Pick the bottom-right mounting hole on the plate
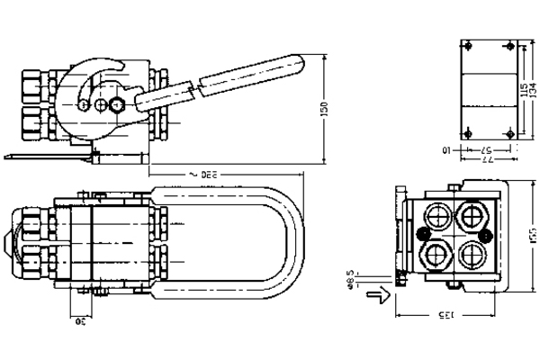pyautogui.click(x=510, y=134)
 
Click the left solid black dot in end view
pyautogui.click(x=422, y=236)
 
